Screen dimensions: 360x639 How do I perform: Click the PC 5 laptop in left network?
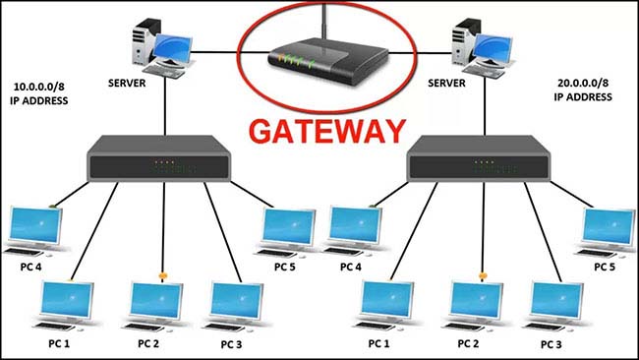(x=287, y=231)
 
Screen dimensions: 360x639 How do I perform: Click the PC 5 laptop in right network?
(x=607, y=231)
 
